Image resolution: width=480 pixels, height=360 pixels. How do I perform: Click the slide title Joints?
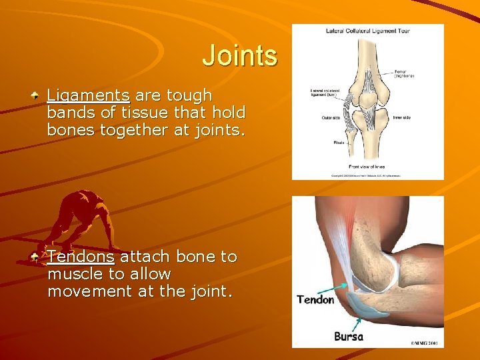239,55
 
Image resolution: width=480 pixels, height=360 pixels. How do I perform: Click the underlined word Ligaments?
88,96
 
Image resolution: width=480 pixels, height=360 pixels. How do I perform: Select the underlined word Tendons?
81,257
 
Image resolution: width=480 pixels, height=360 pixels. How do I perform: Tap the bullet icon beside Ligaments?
35,96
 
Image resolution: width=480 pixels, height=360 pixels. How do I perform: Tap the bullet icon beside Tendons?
35,257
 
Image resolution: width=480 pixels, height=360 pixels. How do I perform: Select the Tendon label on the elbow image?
315,300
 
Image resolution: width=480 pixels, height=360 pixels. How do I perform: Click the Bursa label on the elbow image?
349,337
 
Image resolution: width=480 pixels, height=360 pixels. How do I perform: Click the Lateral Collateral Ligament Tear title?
367,31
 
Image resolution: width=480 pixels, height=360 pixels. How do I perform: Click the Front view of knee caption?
367,166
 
